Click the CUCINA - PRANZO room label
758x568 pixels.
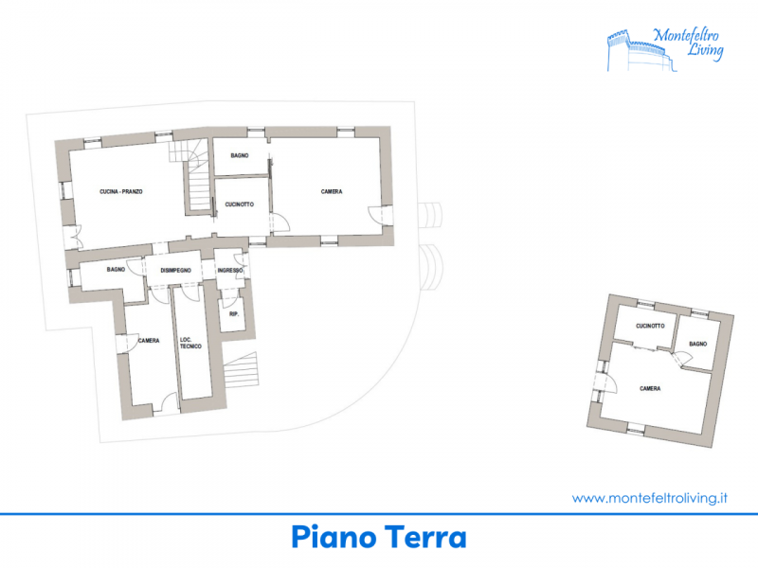click(x=121, y=192)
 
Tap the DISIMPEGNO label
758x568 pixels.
click(x=175, y=271)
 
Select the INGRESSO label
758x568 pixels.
click(x=230, y=270)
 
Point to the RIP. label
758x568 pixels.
click(x=234, y=314)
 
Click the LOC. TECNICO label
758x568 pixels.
click(x=190, y=343)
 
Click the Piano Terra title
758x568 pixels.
click(x=379, y=537)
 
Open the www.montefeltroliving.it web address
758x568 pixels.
click(x=650, y=498)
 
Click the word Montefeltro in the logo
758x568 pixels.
click(x=685, y=35)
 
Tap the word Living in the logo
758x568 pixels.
click(x=705, y=50)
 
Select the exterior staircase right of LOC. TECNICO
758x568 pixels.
click(x=242, y=370)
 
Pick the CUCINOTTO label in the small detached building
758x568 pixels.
click(x=650, y=326)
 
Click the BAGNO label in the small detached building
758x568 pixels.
click(x=697, y=344)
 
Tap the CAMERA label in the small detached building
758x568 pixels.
click(x=650, y=388)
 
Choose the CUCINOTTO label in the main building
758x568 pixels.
click(x=240, y=204)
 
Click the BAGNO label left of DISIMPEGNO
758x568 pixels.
click(x=116, y=270)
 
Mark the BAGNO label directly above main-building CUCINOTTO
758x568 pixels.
click(x=240, y=155)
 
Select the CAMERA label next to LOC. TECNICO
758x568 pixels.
click(x=149, y=341)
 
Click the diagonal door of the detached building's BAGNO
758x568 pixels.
click(x=680, y=359)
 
